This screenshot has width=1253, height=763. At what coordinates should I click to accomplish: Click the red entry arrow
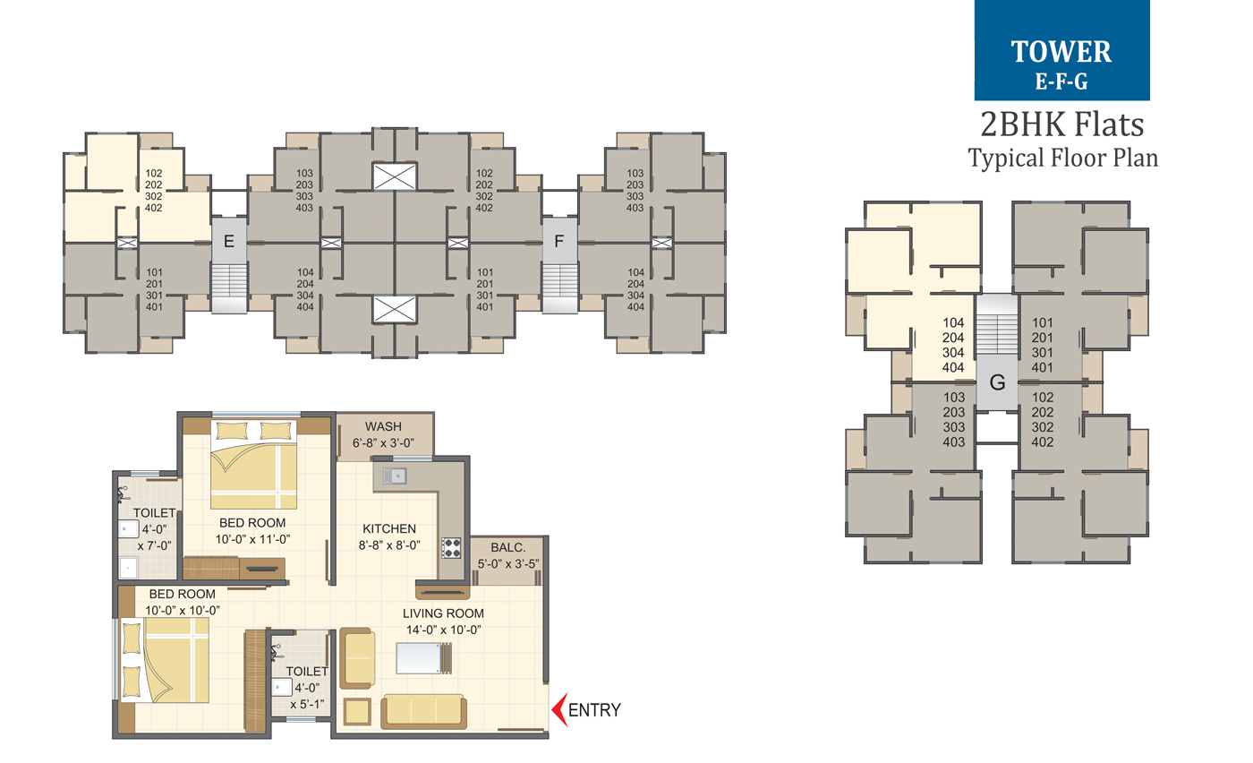[x=557, y=710]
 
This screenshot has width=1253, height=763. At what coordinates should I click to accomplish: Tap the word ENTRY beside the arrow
[x=593, y=710]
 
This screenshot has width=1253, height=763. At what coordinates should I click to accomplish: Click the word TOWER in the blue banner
[x=1061, y=52]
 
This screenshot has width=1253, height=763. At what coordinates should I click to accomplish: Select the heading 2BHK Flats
[x=1062, y=123]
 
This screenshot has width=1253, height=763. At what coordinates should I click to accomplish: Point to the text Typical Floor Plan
[x=1062, y=159]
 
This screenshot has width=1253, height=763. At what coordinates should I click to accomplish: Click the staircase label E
[x=228, y=241]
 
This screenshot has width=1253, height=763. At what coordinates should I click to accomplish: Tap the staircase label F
[x=559, y=241]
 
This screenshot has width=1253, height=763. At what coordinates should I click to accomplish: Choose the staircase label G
[x=997, y=382]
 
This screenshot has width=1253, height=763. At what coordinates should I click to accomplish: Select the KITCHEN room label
[x=388, y=528]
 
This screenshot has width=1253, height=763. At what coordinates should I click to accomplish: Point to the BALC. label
[x=507, y=547]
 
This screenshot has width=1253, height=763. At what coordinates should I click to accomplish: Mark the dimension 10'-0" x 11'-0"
[x=252, y=538]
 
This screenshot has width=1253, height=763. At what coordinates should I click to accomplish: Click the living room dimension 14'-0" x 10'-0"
[x=443, y=629]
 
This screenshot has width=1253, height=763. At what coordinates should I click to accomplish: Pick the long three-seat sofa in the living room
[x=424, y=710]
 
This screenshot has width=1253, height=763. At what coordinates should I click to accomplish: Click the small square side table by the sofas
[x=357, y=712]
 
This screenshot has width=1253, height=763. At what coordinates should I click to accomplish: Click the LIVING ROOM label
[x=443, y=613]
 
